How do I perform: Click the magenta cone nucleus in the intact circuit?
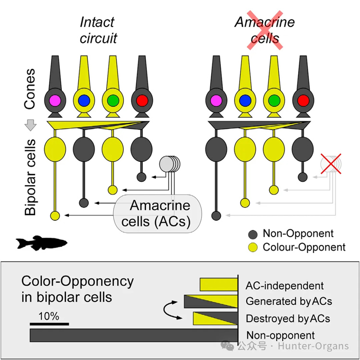(54, 100)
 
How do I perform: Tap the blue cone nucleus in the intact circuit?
(84, 100)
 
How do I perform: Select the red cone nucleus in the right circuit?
(303, 100)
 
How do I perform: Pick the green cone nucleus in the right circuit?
(274, 100)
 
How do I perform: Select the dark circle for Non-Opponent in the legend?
(253, 234)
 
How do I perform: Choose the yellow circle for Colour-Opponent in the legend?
(253, 247)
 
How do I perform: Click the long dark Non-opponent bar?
(134, 335)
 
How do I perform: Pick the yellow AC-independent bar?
(219, 285)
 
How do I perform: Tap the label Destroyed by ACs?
(288, 318)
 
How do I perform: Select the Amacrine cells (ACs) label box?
(159, 213)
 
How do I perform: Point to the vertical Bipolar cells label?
(31, 178)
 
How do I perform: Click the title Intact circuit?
(98, 30)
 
